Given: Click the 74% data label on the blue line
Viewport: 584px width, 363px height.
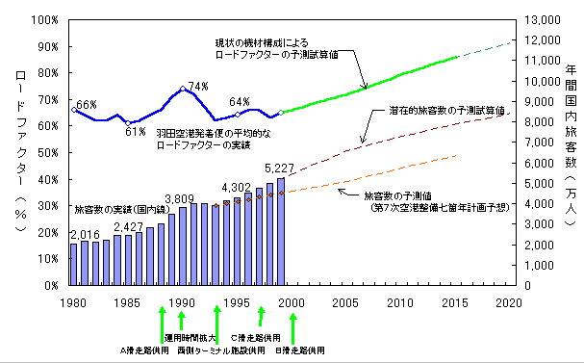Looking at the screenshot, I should click(x=198, y=87).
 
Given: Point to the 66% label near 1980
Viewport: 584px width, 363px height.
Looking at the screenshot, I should click(x=87, y=104).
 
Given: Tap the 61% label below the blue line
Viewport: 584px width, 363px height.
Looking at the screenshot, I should click(x=136, y=131).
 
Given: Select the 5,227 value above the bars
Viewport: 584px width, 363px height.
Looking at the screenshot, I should click(x=279, y=169).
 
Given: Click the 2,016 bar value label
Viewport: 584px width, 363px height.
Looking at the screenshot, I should click(x=86, y=234).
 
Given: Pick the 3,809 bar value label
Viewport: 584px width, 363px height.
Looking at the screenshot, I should click(x=180, y=199).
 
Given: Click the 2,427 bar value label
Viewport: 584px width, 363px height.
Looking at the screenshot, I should click(x=128, y=226).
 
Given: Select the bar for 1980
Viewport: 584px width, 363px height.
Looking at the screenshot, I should click(x=74, y=265).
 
